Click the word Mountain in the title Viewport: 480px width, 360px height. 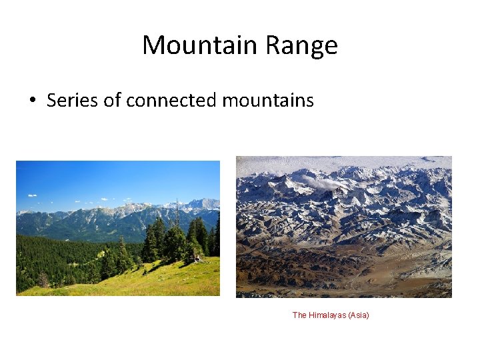tap(199, 45)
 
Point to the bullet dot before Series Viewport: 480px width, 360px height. tap(32, 101)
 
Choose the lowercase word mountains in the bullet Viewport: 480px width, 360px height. tap(267, 100)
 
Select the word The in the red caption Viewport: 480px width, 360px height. tap(299, 315)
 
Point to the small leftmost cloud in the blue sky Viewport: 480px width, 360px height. tap(31, 195)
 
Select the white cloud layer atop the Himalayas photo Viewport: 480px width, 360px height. tap(333, 161)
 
